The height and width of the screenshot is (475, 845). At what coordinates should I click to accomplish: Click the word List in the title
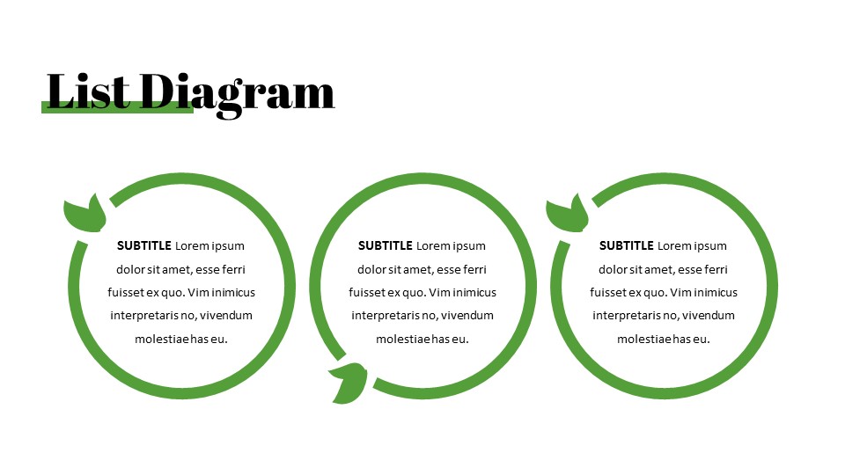coord(89,91)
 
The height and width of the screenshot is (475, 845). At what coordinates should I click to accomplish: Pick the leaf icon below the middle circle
coord(349,383)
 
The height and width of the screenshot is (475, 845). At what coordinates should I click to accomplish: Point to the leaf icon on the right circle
coord(568,214)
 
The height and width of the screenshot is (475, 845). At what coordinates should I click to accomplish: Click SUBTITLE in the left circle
coord(143,246)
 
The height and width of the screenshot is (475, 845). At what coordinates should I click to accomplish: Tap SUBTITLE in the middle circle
coord(385,246)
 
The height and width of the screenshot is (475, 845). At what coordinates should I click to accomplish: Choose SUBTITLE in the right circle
coord(626,246)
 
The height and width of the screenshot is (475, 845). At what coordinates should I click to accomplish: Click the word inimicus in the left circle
coord(230,292)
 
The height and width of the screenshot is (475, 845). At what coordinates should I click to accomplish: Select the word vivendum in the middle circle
coord(467,315)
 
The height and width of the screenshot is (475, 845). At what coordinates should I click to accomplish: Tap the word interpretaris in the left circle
coord(145,315)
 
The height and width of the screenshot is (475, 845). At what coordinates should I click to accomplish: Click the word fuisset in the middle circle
coord(368,292)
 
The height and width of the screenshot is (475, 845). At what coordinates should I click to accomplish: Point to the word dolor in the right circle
coord(614,269)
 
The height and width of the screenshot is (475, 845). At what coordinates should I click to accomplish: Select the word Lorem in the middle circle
coord(431,246)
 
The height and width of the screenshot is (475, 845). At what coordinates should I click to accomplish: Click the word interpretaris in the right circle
coord(628,315)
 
